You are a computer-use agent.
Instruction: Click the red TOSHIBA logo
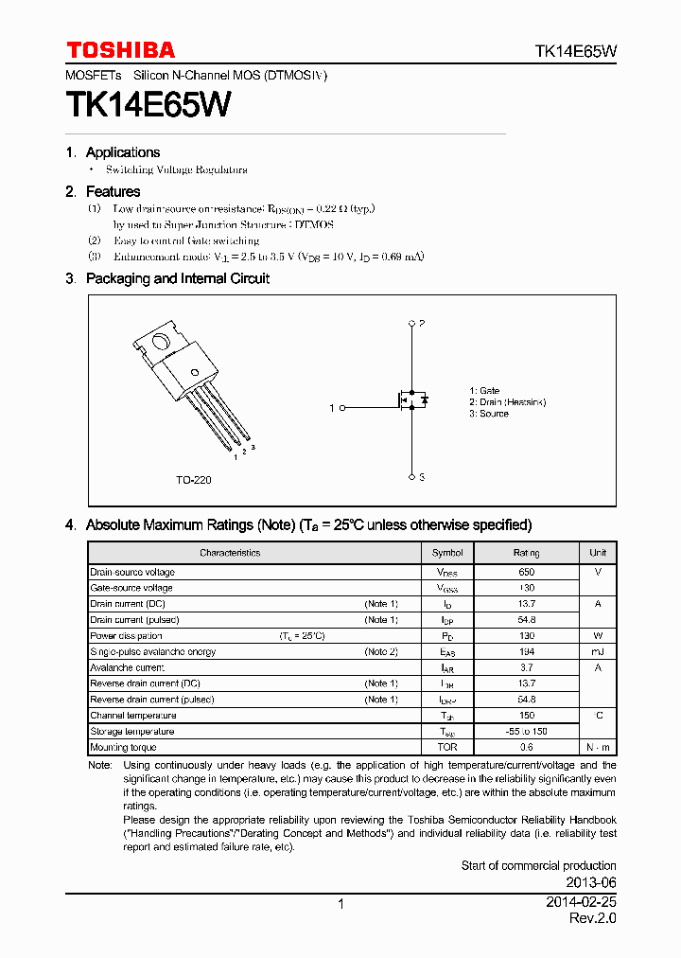point(120,50)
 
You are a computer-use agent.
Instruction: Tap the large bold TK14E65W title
point(148,105)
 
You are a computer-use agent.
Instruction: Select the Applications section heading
point(122,152)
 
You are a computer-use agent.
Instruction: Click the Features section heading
point(113,191)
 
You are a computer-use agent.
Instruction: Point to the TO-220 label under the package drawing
point(193,480)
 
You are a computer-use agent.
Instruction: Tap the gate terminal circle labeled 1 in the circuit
point(341,408)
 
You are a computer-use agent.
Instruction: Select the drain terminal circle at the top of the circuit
point(411,324)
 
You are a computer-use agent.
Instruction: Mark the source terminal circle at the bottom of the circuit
point(411,477)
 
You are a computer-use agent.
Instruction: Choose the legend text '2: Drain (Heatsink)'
point(507,402)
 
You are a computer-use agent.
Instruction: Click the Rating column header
point(526,553)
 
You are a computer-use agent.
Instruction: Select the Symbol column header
point(447,553)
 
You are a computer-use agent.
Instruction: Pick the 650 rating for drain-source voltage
point(526,572)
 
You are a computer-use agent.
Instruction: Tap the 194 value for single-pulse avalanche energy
point(526,651)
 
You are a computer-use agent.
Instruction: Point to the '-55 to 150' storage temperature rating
point(526,731)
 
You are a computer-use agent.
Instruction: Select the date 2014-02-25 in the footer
point(581,903)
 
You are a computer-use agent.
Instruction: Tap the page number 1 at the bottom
point(340,904)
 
